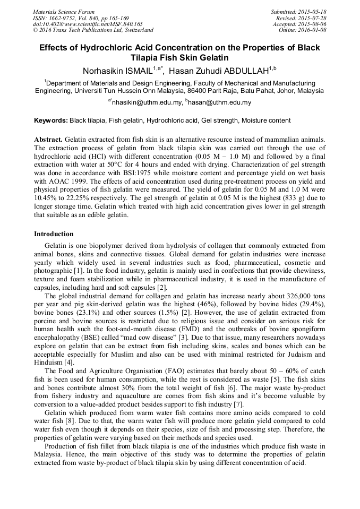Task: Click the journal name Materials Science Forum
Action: pos(64,12)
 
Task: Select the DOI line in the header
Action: pos(88,24)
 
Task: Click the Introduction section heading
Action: pos(54,234)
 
